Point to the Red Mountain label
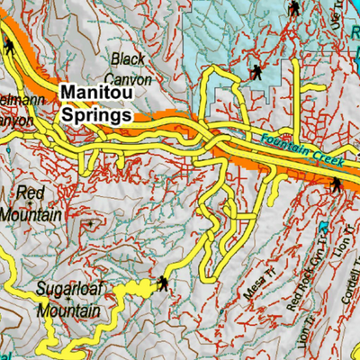point(31,204)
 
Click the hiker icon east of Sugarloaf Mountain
point(163,284)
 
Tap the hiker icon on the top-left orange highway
point(8,50)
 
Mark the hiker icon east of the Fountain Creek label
point(336,185)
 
